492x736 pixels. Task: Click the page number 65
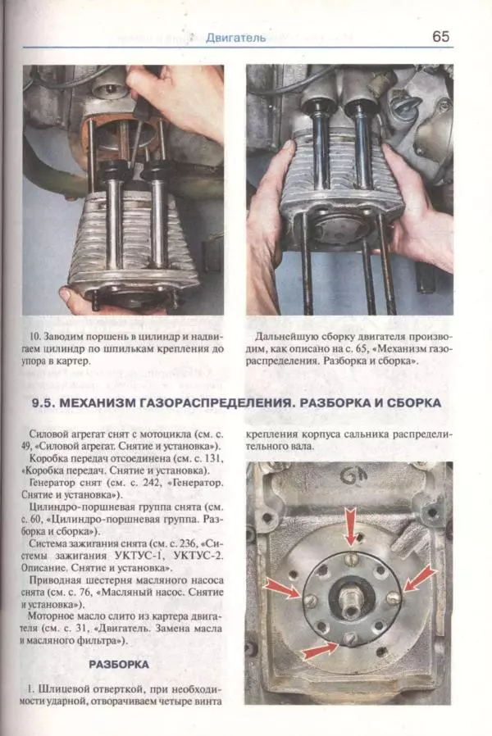click(x=440, y=37)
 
